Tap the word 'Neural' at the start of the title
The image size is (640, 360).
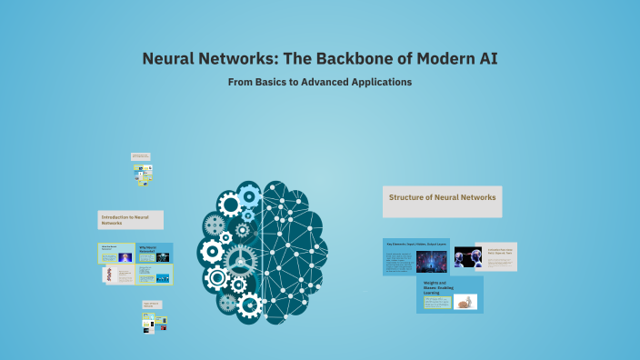[169, 59]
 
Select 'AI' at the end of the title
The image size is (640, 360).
[486, 59]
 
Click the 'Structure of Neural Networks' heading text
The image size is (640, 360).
[442, 197]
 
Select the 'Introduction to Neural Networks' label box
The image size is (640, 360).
[130, 220]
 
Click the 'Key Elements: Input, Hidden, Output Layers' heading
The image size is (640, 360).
[415, 245]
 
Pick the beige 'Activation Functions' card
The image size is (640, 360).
[495, 255]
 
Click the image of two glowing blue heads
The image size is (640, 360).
[467, 256]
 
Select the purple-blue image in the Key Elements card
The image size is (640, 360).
[431, 262]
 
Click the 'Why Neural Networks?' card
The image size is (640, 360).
[155, 252]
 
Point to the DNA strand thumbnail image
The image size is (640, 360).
[108, 275]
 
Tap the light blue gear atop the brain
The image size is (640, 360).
[249, 194]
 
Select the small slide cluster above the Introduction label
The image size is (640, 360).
[141, 170]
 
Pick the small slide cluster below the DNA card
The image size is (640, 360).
[152, 317]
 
